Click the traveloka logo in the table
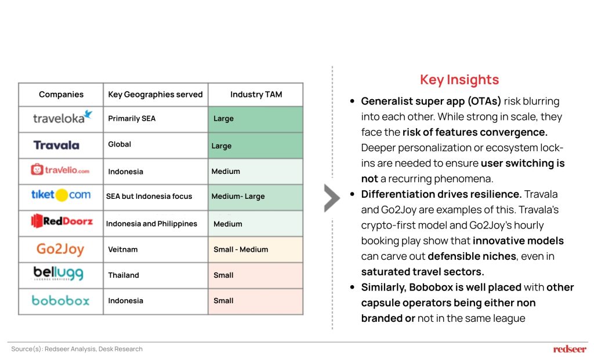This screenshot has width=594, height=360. point(63,117)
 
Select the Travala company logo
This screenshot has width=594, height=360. point(56,145)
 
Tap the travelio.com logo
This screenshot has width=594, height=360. point(60,170)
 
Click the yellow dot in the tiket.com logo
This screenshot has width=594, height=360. point(61,195)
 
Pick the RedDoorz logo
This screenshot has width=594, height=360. point(61,221)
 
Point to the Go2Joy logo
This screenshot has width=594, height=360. point(60,249)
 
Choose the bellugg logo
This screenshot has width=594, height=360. point(59,273)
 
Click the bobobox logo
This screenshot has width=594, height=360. point(60,300)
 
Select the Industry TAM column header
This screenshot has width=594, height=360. point(256,94)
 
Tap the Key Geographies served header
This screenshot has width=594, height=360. point(155,94)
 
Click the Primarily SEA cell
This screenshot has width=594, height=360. point(132,118)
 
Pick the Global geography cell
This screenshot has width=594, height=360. point(119,144)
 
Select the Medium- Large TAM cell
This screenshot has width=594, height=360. point(238,197)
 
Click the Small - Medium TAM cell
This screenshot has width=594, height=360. point(241,249)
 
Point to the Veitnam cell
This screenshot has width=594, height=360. point(123,249)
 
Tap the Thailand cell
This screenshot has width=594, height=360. point(124,275)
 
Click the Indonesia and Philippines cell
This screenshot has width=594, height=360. point(151,224)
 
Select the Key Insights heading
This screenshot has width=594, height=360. point(459,79)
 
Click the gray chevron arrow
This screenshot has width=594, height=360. point(332,198)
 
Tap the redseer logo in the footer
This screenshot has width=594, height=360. point(570,348)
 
